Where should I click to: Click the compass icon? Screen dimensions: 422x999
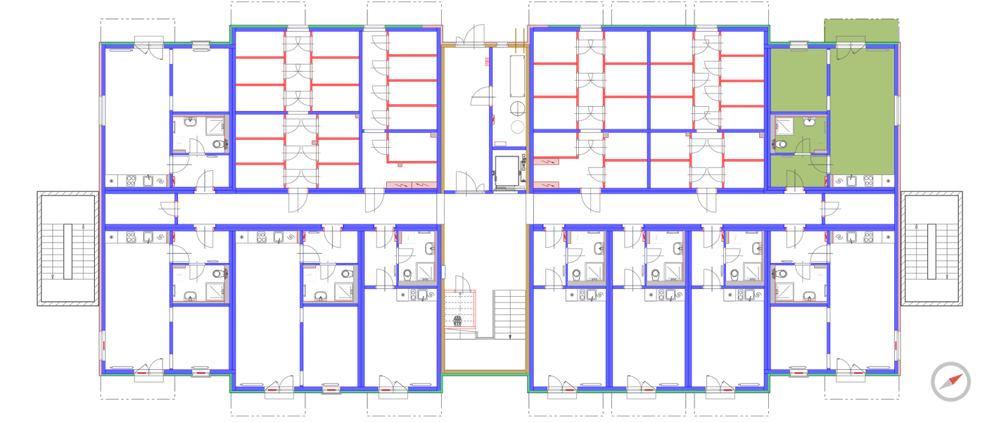pos(950,382)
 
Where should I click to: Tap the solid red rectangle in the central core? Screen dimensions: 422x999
pos(487,62)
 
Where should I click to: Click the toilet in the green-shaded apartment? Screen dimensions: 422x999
pos(781,144)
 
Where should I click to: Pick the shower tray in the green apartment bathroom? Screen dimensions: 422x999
pos(783,126)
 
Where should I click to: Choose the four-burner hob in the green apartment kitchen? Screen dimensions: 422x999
pos(868,181)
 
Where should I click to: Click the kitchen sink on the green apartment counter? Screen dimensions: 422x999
pos(852,181)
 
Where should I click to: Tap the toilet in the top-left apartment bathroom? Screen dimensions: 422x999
pos(217,145)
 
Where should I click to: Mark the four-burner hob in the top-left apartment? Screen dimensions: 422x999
pos(131,181)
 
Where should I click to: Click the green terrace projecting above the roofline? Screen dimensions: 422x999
pos(861,31)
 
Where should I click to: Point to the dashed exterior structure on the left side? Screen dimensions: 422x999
pos(68,248)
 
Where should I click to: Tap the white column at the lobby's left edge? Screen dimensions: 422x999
pos(440,209)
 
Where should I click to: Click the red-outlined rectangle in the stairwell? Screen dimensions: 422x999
pos(461,309)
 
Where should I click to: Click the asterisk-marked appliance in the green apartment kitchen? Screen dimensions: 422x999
pos(888,181)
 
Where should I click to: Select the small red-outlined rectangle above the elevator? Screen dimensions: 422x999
pos(501,143)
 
